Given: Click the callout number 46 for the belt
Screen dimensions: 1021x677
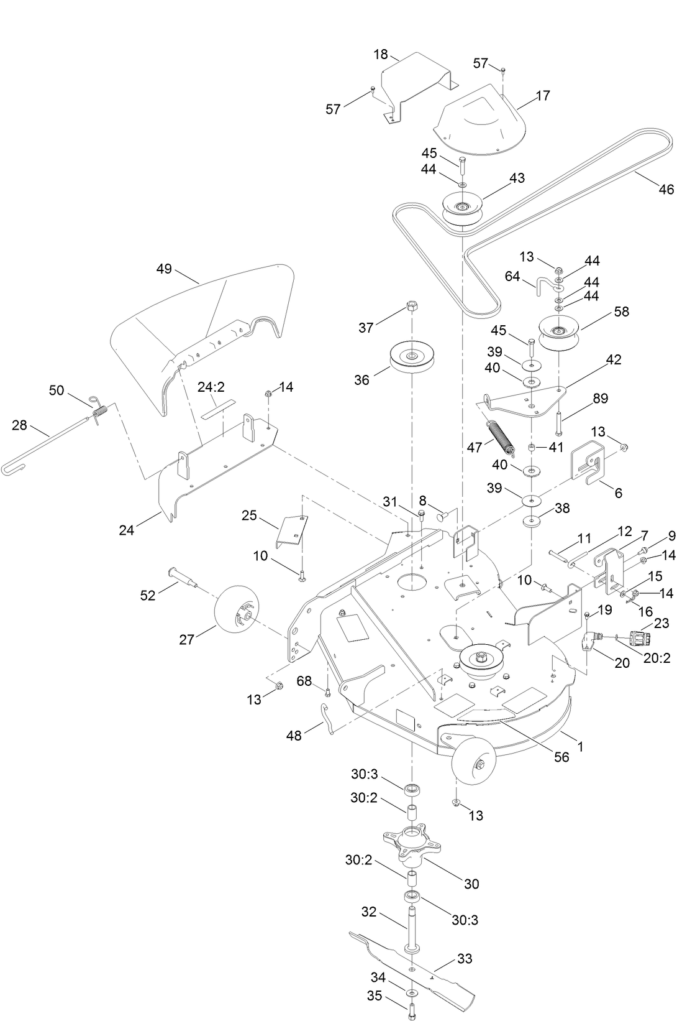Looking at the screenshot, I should pos(666,190).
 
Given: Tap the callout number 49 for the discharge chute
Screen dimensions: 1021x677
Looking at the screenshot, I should pos(164,269).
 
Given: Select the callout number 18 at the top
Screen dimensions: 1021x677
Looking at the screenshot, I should pos(381,54).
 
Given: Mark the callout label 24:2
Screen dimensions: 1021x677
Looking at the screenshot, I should pos(211,387).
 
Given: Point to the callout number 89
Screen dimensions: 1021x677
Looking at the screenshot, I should pos(601,399).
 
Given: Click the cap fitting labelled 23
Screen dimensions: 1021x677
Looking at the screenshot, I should pos(640,639).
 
